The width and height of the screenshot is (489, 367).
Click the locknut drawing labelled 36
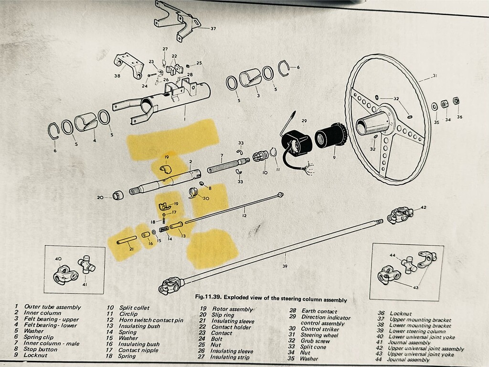click(455, 101)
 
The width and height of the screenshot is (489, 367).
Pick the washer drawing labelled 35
click(434, 106)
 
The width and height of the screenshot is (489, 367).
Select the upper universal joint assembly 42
click(400, 215)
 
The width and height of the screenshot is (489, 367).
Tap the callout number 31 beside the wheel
click(435, 76)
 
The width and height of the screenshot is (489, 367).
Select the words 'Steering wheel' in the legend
click(319, 334)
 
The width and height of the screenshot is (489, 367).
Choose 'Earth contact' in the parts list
click(318, 311)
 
